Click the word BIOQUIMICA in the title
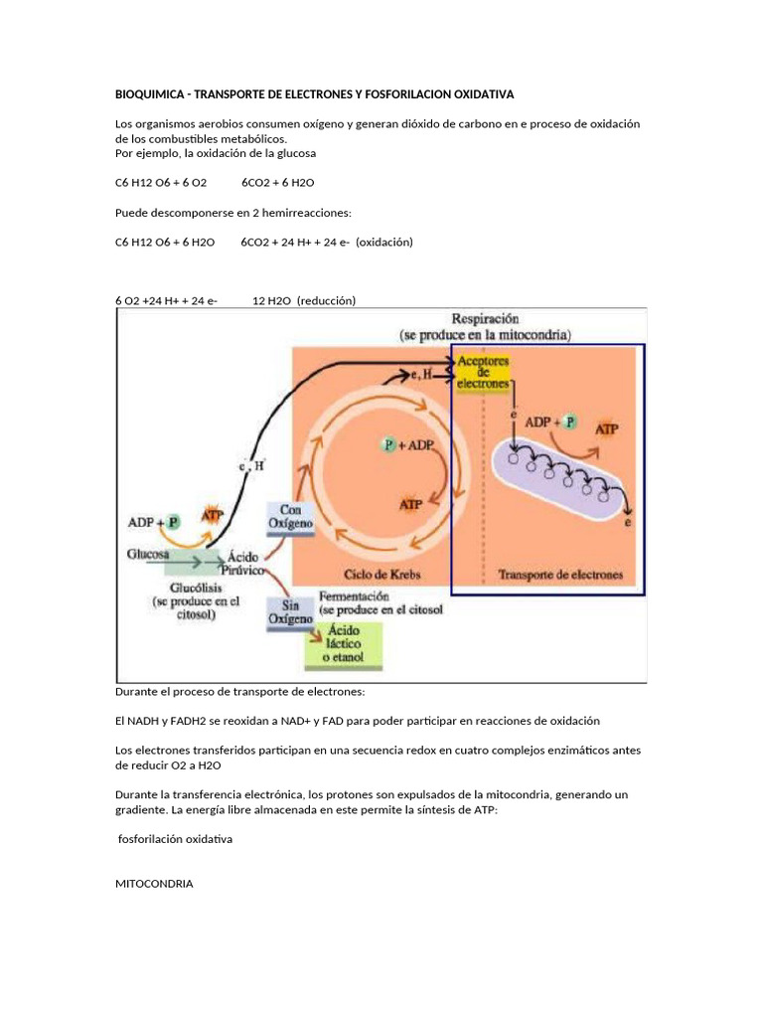pyautogui.click(x=150, y=94)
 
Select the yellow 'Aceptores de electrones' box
pyautogui.click(x=483, y=370)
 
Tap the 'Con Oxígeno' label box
pyautogui.click(x=289, y=516)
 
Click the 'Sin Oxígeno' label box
pyautogui.click(x=289, y=611)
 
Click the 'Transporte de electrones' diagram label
pyautogui.click(x=560, y=574)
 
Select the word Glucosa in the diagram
pyautogui.click(x=147, y=554)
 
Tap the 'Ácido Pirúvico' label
pyautogui.click(x=243, y=564)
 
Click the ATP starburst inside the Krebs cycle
pyautogui.click(x=409, y=504)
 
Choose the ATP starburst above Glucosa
pyautogui.click(x=212, y=514)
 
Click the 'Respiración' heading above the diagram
pyautogui.click(x=485, y=319)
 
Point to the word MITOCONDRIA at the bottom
pyautogui.click(x=154, y=882)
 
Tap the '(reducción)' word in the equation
pyautogui.click(x=326, y=300)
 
